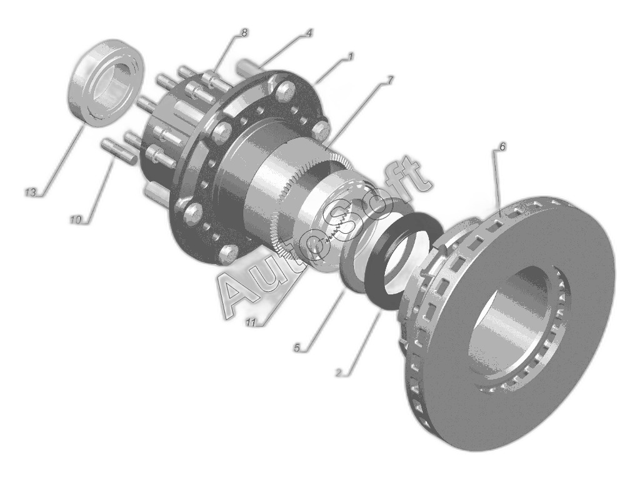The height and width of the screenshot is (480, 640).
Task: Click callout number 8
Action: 244,32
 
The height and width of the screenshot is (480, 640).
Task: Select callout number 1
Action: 350,57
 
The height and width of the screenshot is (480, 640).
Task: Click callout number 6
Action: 502,146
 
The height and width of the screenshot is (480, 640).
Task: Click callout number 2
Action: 338,372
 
